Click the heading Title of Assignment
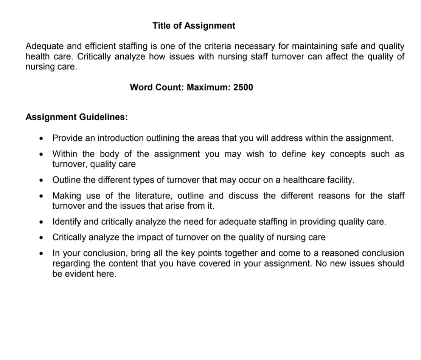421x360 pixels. [194, 26]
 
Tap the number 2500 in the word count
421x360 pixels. [243, 87]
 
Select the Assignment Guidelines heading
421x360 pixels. [76, 117]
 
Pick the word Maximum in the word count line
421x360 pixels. [209, 87]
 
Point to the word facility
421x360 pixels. [341, 180]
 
